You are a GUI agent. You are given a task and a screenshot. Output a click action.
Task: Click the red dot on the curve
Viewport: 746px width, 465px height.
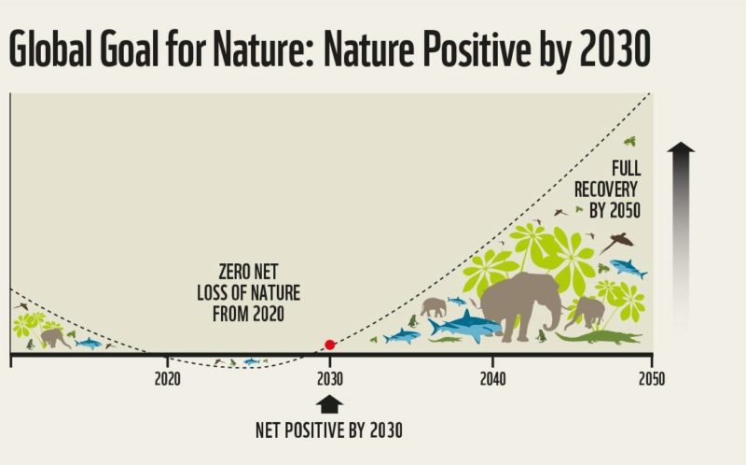click(329, 345)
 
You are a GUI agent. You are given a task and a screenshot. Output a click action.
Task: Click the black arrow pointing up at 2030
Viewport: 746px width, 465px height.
click(329, 403)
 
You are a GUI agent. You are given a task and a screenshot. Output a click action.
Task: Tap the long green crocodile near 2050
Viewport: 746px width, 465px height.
click(597, 336)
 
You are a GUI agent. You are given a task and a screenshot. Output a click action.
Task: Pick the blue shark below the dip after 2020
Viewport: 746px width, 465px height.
click(251, 360)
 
